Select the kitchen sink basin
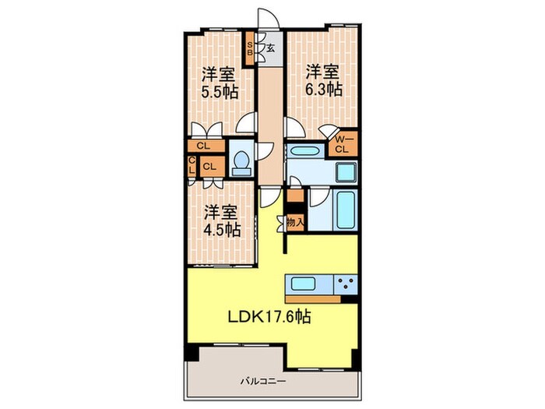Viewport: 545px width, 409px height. [x=303, y=283]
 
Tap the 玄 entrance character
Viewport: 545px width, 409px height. [x=269, y=48]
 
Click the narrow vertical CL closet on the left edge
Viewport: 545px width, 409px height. [x=191, y=165]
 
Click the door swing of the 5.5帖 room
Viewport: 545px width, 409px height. [x=248, y=122]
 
